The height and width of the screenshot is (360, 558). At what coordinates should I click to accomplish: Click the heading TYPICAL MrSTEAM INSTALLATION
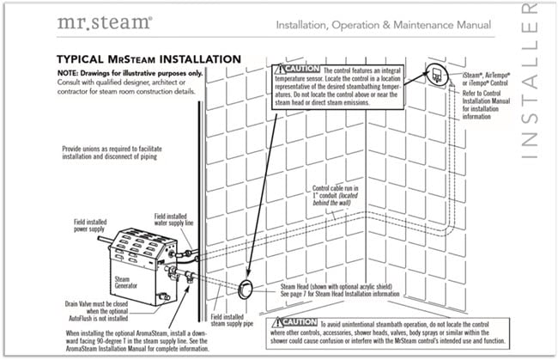pos(149,59)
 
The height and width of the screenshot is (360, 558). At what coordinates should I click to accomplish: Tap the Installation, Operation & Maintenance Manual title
pos(384,25)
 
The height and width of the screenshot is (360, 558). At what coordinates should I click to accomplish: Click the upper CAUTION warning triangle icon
pos(279,68)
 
